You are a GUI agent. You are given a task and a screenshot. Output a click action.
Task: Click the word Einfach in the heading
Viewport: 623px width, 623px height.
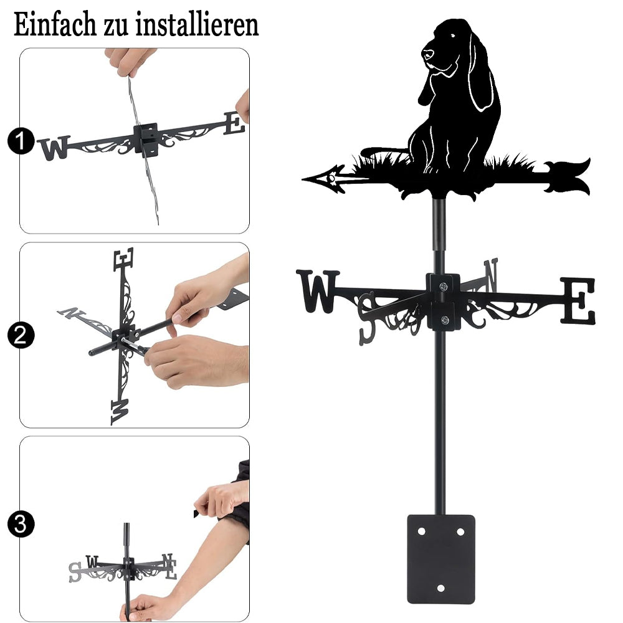[x=55, y=24]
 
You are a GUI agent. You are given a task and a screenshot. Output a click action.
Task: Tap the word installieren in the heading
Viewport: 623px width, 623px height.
[x=197, y=24]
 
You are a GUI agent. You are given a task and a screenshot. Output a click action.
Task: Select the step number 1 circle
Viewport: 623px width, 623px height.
[x=21, y=141]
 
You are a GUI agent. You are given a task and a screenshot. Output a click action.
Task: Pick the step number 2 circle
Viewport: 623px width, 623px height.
[x=21, y=335]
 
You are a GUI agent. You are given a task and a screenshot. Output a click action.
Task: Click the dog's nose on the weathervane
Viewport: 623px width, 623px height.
[x=427, y=54]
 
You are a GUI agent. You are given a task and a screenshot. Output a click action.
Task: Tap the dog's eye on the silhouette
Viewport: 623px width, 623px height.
[x=452, y=37]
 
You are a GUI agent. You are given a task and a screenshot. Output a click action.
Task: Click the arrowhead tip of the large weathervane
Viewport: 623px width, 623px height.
[x=303, y=179]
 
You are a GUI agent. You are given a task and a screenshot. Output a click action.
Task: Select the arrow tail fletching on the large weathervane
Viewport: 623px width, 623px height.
[x=567, y=176]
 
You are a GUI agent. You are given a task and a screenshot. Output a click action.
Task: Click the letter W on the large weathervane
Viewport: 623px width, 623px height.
[x=318, y=291]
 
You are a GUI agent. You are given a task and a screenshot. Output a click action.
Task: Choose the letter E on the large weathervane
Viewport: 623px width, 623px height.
[x=578, y=301]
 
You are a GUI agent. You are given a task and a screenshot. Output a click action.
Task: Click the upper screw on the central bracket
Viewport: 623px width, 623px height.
[x=444, y=286]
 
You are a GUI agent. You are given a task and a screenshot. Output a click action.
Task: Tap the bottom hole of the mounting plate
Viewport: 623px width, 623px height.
[x=440, y=588]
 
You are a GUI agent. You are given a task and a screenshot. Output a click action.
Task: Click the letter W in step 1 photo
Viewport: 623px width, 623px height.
[x=54, y=148]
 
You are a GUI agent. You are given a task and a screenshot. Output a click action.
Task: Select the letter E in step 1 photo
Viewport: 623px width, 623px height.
[x=234, y=123]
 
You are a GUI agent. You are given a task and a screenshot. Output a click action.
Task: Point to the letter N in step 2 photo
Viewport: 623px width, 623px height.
[x=71, y=313]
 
